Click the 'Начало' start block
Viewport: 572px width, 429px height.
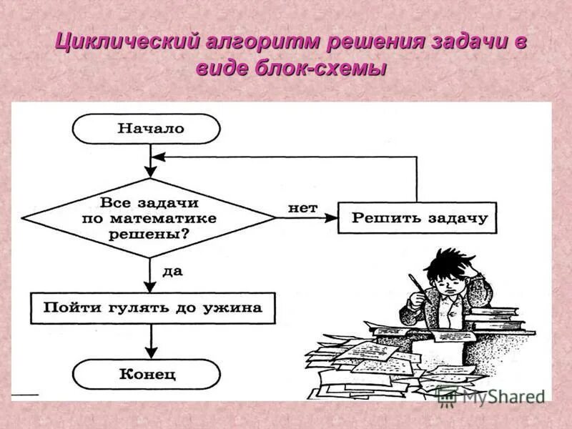tap(147, 129)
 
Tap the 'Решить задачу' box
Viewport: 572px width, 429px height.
tap(418, 218)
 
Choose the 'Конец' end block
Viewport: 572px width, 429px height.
tap(147, 373)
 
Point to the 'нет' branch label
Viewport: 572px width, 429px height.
tap(302, 207)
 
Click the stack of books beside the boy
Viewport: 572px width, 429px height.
tap(508, 318)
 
